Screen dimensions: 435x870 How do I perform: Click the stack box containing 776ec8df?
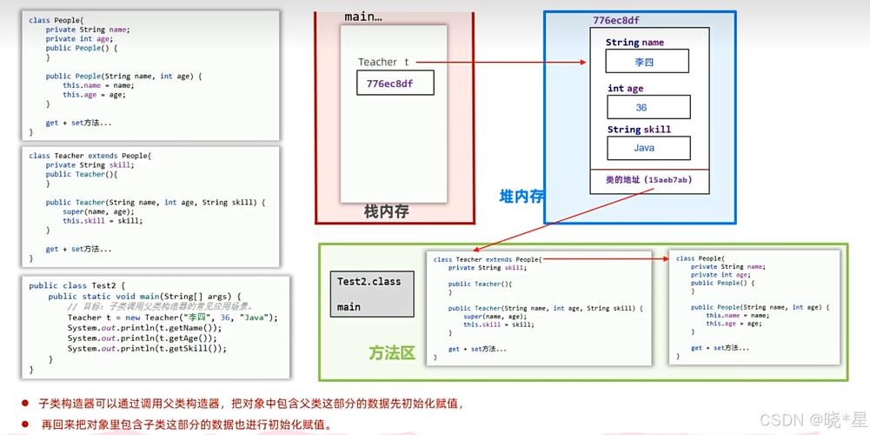[395, 84]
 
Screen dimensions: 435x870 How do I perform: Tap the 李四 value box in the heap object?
[644, 61]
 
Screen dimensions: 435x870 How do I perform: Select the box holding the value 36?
[641, 107]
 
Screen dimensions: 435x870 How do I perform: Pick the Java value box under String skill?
[644, 148]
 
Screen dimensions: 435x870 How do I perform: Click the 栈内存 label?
[386, 211]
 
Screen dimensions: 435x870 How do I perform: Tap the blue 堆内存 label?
[521, 196]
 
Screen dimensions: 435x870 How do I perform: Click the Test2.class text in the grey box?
[369, 281]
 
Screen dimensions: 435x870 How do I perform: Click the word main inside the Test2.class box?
[349, 306]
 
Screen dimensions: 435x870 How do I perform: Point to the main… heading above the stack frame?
[363, 17]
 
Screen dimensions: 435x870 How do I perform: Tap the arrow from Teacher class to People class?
[604, 258]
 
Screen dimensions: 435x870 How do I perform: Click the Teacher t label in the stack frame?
[377, 62]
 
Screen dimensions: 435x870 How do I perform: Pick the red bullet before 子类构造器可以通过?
[24, 404]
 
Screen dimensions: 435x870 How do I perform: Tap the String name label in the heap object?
[634, 42]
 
